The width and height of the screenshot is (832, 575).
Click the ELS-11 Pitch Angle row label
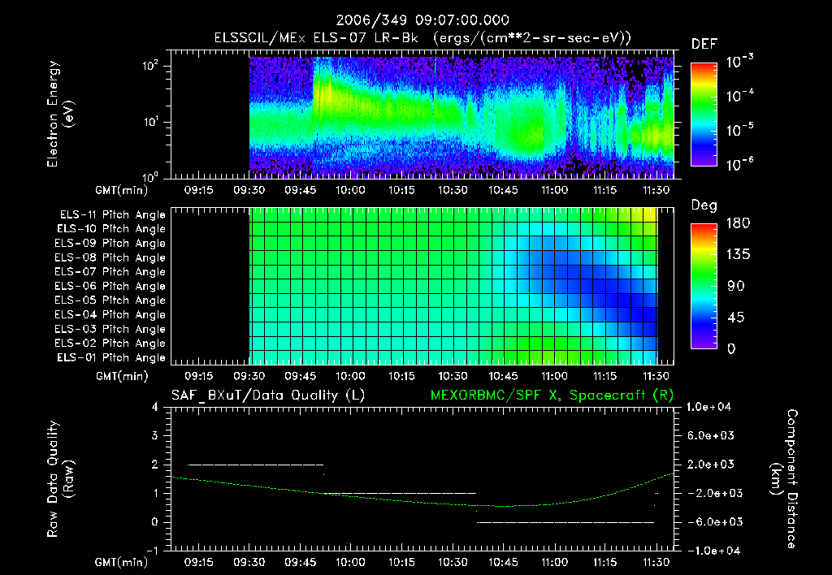pyautogui.click(x=112, y=215)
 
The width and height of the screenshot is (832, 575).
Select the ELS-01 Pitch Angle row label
pyautogui.click(x=112, y=357)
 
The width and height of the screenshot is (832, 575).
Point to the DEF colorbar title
pyautogui.click(x=704, y=45)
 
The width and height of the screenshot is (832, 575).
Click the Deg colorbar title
pyautogui.click(x=704, y=205)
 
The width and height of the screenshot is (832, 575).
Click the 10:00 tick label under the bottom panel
pyautogui.click(x=350, y=562)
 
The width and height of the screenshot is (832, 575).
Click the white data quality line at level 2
pyautogui.click(x=255, y=465)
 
